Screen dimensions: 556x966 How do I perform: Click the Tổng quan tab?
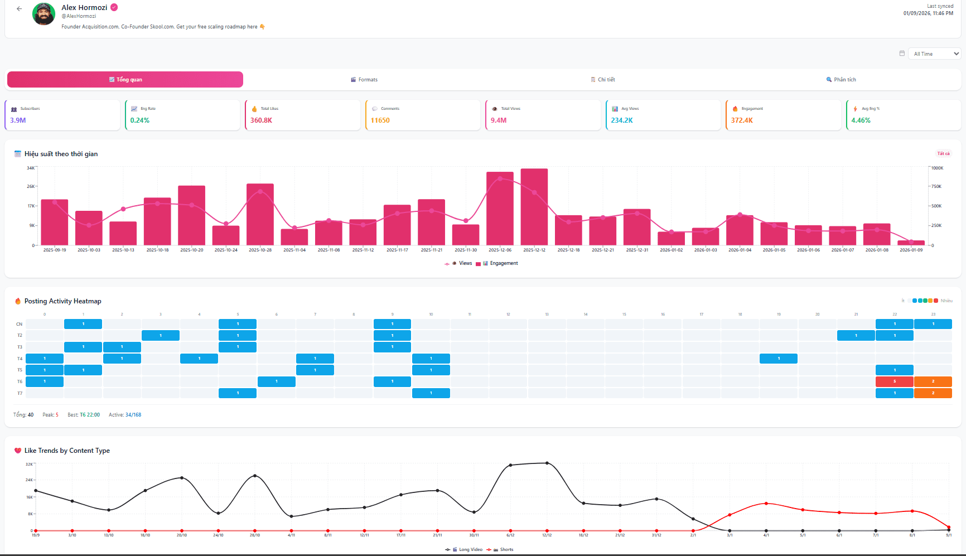[125, 80]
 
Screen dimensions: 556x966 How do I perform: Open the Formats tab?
[364, 80]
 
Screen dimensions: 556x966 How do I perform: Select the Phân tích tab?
[841, 80]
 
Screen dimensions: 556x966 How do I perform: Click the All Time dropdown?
[934, 54]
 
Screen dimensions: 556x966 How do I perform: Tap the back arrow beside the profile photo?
[20, 9]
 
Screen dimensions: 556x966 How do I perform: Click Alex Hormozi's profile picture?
[44, 14]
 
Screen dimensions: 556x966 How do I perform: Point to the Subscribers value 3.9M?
[18, 120]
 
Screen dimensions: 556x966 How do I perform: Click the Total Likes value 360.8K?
[261, 120]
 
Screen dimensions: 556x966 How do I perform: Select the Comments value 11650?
[380, 120]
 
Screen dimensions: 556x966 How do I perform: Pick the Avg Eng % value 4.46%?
[861, 120]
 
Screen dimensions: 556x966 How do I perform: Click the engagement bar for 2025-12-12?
[534, 207]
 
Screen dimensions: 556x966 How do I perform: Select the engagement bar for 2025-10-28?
[260, 215]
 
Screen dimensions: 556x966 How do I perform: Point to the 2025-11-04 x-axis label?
[294, 250]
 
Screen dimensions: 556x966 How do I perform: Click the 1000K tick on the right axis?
[937, 168]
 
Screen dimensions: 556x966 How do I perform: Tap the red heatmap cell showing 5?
[894, 381]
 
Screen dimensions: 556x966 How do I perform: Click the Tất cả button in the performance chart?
[943, 154]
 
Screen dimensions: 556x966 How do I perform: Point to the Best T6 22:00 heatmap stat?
[84, 415]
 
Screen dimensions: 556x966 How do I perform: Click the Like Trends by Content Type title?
[67, 451]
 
